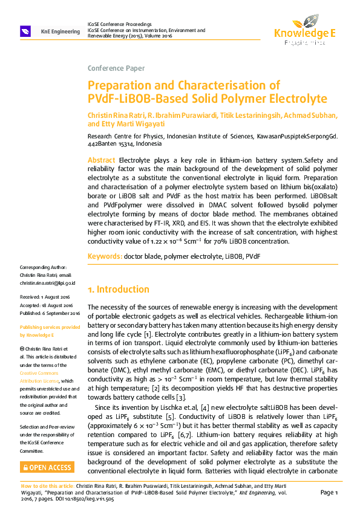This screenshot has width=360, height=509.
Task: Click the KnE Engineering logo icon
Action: [26, 31]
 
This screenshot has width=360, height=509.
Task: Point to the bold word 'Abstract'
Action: [102, 160]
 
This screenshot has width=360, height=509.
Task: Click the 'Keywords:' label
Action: [105, 256]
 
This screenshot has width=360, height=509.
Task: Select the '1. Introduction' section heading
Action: [119, 290]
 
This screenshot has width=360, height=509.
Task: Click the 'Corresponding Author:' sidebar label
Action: [44, 268]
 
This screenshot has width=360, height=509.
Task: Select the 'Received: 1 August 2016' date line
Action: [45, 297]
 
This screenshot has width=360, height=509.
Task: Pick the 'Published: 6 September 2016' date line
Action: [50, 313]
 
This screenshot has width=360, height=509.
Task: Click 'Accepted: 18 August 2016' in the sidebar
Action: [46, 305]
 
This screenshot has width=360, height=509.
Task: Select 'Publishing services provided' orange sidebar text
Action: [50, 327]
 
